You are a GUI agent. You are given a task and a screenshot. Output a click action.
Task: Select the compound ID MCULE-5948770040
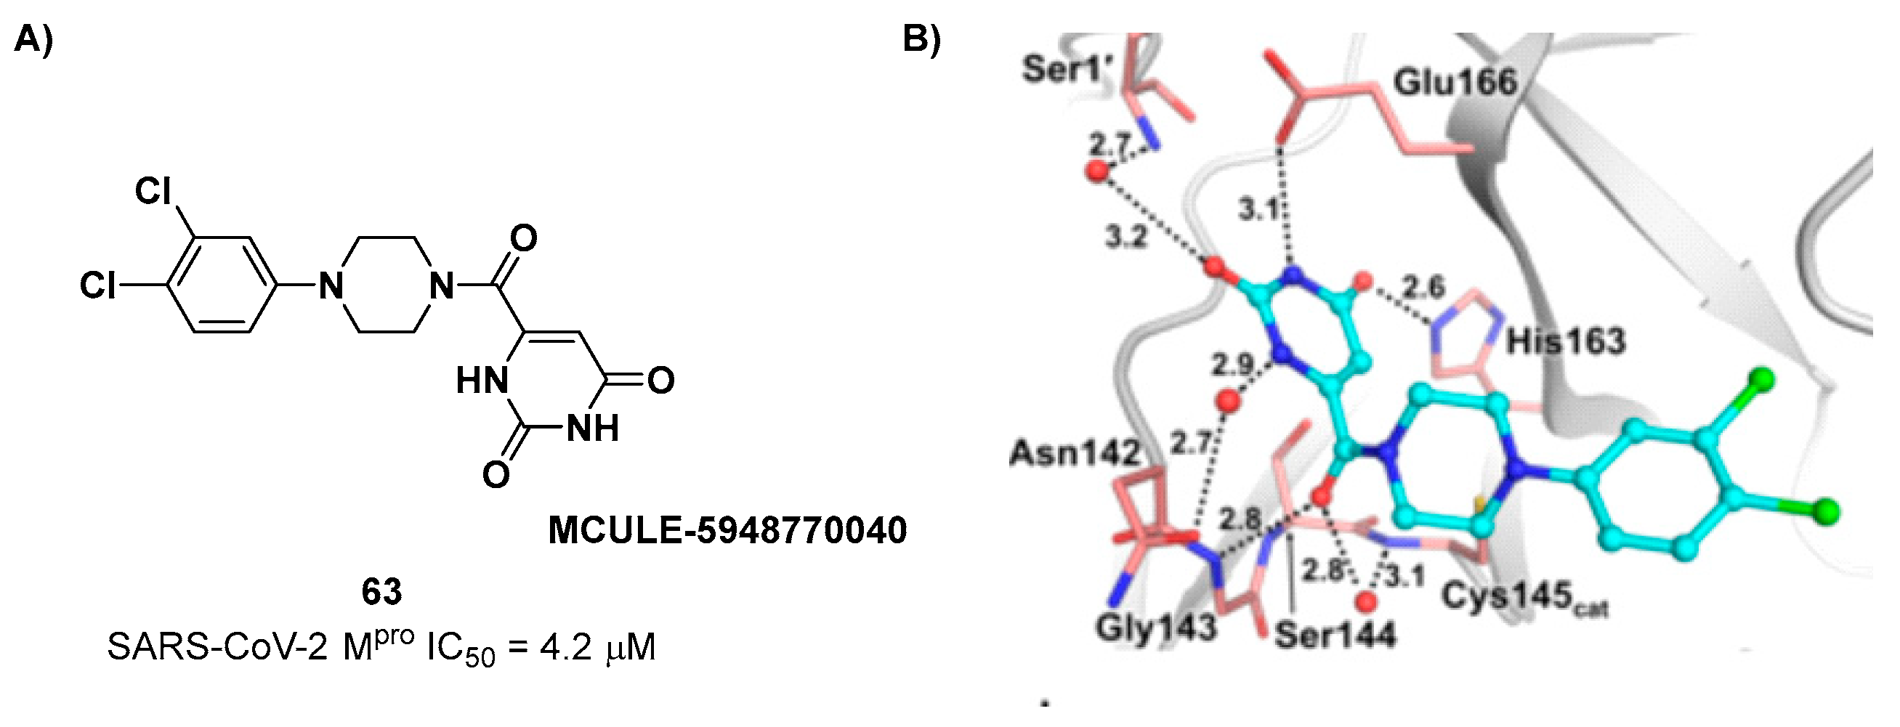tap(727, 530)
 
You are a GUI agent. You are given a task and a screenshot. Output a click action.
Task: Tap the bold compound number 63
tap(381, 591)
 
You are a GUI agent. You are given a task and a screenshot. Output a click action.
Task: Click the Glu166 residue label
tap(1455, 83)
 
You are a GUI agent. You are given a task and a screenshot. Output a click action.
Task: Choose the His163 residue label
tap(1565, 341)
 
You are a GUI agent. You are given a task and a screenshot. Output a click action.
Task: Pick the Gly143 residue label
tap(1155, 629)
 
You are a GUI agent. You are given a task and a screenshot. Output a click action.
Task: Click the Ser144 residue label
tap(1335, 635)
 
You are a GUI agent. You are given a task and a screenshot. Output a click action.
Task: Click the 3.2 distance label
tap(1126, 237)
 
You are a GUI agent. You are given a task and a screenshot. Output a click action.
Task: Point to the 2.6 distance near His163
tap(1423, 287)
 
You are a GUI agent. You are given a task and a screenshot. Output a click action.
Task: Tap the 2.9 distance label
tap(1232, 365)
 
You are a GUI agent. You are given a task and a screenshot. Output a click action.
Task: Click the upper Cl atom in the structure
tap(153, 192)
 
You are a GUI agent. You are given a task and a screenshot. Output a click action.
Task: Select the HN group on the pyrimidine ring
tap(482, 381)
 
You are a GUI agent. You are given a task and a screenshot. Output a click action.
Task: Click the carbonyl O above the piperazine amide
tap(523, 238)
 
